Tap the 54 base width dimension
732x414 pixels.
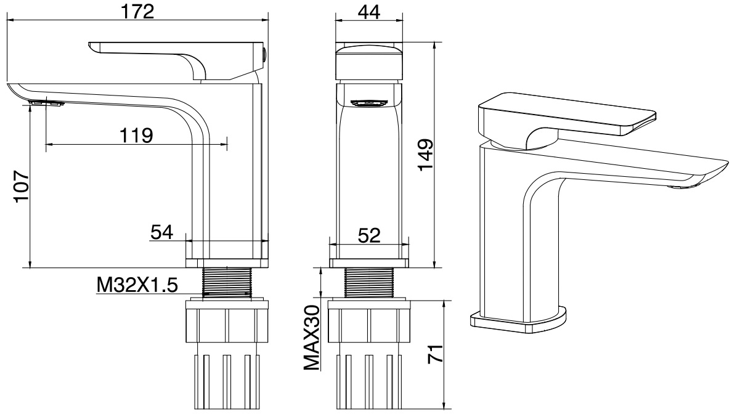click(x=161, y=232)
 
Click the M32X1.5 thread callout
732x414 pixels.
click(x=137, y=285)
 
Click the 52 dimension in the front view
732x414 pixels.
click(x=368, y=235)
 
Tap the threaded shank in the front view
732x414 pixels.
click(x=368, y=283)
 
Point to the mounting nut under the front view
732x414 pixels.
click(x=368, y=322)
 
